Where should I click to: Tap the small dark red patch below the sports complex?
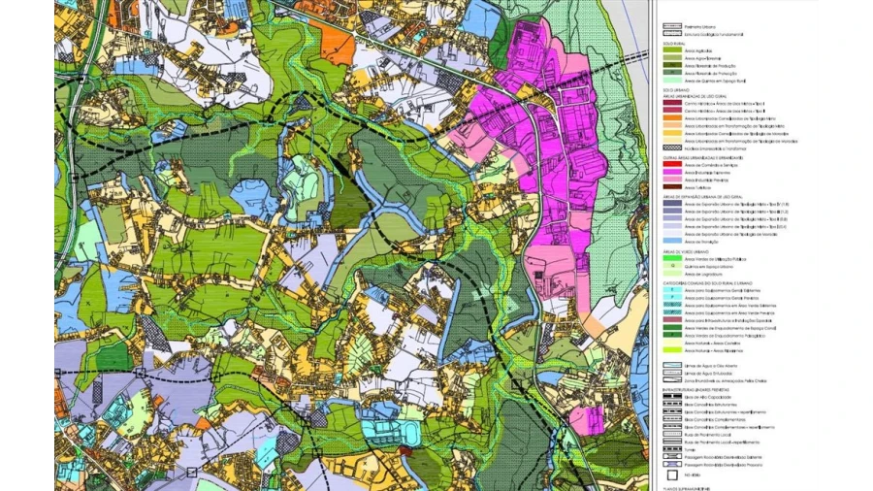tap(405, 452)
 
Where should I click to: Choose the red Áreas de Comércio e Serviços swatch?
tap(670, 165)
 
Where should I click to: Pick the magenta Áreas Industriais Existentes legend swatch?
tap(670, 172)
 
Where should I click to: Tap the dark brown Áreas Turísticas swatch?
tap(670, 185)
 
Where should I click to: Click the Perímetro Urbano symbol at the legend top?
tap(670, 27)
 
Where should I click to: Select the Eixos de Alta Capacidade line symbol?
tap(670, 397)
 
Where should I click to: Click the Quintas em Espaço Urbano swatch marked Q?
tap(670, 267)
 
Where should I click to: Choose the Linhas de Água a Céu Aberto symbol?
tap(670, 365)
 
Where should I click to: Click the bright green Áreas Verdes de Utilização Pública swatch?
tap(670, 259)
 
